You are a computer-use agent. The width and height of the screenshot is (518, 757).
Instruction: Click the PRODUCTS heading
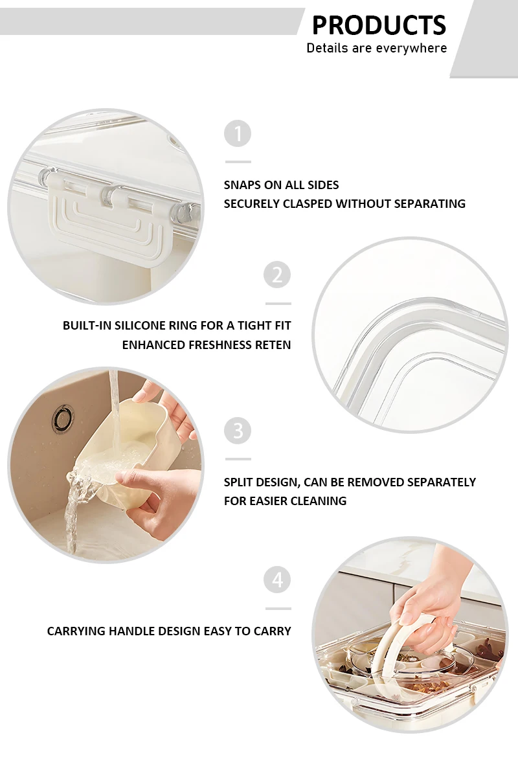pos(379,25)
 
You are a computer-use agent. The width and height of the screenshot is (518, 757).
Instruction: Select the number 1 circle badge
pos(238,134)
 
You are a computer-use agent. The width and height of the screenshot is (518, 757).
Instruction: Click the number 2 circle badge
pos(277,275)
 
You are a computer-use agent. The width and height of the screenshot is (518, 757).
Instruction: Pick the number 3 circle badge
pos(238,431)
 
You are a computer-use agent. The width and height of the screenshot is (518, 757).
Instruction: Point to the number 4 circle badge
pos(277,580)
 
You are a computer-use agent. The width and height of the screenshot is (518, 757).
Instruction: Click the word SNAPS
pos(242,185)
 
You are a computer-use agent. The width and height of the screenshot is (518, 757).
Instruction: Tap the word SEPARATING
pos(430,204)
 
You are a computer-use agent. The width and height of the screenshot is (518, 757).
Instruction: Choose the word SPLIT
pos(238,482)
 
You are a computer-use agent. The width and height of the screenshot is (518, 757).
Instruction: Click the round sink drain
pos(63,418)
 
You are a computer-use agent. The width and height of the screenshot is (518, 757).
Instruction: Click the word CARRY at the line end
pos(274,631)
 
